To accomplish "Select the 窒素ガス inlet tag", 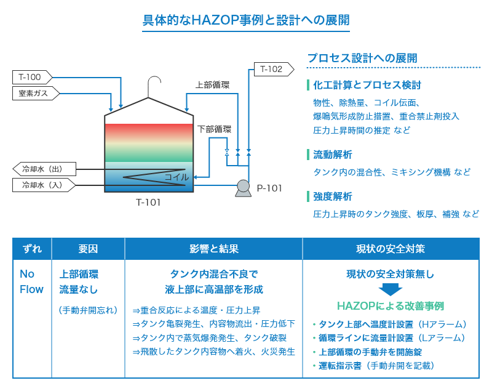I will click(x=34, y=93).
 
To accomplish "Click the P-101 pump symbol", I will click(x=242, y=188).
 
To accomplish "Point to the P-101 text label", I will click(x=269, y=188).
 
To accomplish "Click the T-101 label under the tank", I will click(x=148, y=202).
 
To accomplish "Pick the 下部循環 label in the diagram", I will click(x=215, y=129).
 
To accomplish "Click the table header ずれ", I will click(x=32, y=249).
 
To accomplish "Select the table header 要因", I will click(x=88, y=249).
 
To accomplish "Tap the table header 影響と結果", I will click(x=213, y=249).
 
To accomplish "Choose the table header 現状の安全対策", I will click(x=390, y=249).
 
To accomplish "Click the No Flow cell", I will click(x=32, y=281).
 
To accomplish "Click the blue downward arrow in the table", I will click(x=390, y=289).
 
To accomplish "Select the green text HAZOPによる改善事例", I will click(x=390, y=306).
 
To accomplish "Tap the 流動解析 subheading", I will click(x=332, y=155).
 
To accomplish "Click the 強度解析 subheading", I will click(x=332, y=197).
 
